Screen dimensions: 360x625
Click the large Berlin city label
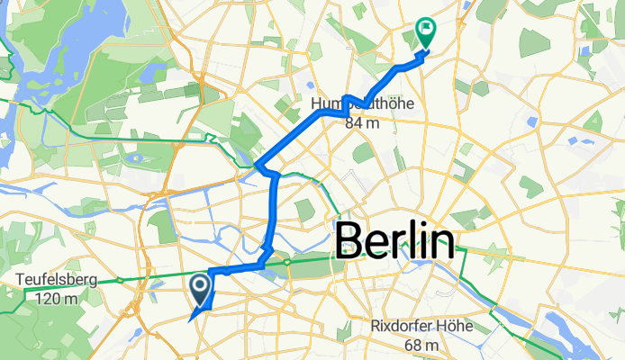click(394, 243)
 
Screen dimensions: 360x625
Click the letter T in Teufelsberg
click(20, 279)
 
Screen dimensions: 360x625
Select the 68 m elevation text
click(421, 345)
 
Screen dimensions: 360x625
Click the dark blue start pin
click(200, 290)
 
